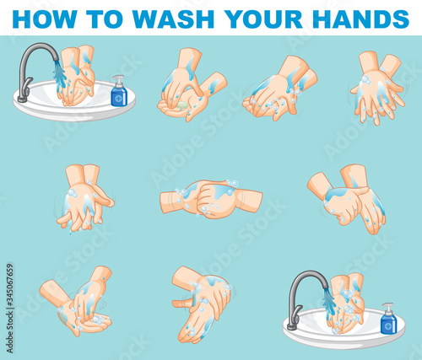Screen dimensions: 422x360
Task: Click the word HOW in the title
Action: pyautogui.click(x=44, y=19)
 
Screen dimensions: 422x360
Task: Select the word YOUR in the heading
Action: pyautogui.click(x=264, y=19)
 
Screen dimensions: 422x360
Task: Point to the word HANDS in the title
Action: pyautogui.click(x=361, y=19)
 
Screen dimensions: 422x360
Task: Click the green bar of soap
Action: pyautogui.click(x=182, y=105)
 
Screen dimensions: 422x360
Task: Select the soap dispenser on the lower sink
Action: pyautogui.click(x=388, y=319)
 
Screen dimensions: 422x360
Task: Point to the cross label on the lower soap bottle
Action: pyautogui.click(x=388, y=326)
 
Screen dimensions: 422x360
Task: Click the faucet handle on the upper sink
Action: pyautogui.click(x=24, y=89)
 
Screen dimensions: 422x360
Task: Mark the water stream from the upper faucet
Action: pyautogui.click(x=60, y=74)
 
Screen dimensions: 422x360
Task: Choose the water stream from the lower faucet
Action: pyautogui.click(x=328, y=302)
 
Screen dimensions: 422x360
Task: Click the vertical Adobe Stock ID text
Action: pyautogui.click(x=9, y=309)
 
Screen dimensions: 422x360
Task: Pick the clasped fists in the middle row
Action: pyautogui.click(x=211, y=199)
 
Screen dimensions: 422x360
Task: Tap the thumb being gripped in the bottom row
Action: pyautogui.click(x=183, y=304)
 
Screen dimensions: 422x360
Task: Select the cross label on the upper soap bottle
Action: pyautogui.click(x=118, y=98)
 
